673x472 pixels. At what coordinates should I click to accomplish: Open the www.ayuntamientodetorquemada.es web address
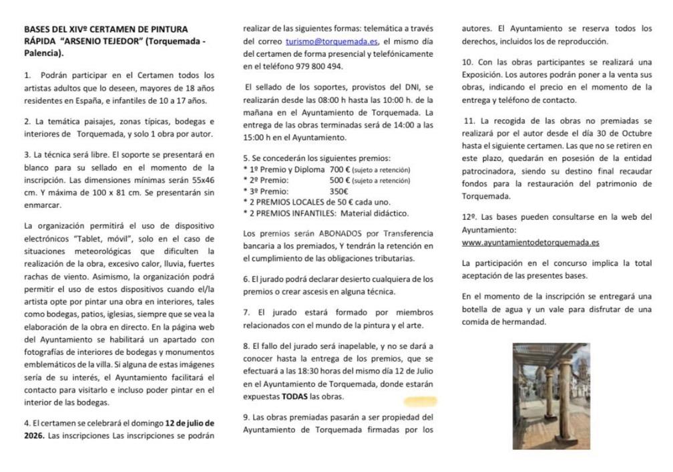[x=530, y=243]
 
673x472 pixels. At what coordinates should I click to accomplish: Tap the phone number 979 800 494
[x=320, y=66]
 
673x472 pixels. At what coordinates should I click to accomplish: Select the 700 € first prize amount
[x=340, y=170]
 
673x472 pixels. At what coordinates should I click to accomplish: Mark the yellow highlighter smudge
[x=421, y=401]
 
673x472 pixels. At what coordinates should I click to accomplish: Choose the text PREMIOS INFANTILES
[x=292, y=213]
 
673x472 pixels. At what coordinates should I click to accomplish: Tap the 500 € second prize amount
[x=340, y=181]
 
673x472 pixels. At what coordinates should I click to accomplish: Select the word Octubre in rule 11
[x=634, y=133]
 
